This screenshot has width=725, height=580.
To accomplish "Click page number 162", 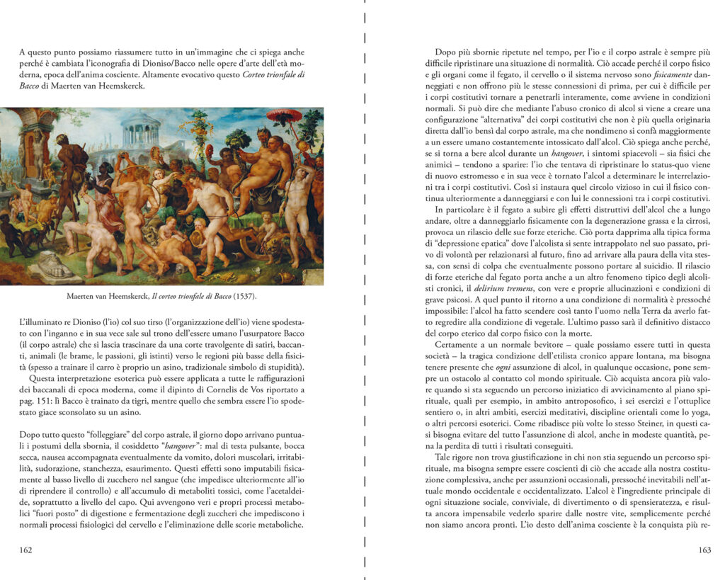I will coord(27,550).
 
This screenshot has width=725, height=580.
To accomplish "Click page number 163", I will coord(704,550).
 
